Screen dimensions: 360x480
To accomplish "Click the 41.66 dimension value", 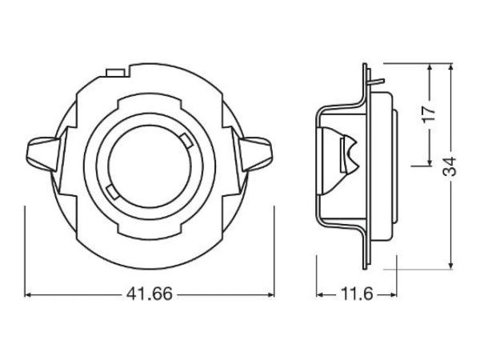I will point(150,294).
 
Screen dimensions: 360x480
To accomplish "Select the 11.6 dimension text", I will point(356,294).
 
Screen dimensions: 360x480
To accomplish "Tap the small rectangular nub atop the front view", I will point(114,74).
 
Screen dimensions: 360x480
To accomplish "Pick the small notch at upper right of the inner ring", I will point(185,142).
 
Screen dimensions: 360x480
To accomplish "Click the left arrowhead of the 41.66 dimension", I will point(30,294).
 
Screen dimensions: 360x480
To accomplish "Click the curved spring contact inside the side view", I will point(347,151).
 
